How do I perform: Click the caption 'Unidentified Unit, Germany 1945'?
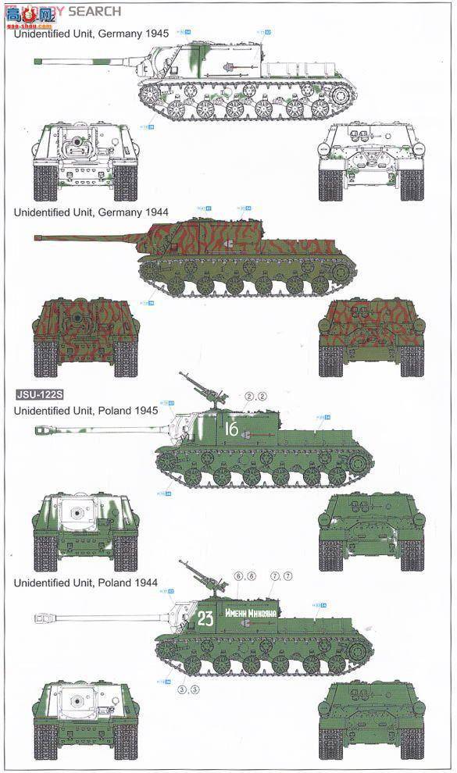pos(86,34)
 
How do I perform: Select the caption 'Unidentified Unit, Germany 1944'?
pos(86,212)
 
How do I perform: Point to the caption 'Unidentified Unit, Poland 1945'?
pos(86,410)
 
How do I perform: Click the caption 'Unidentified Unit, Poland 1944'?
pos(86,582)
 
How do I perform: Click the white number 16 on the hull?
pos(232,429)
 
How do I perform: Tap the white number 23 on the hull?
pos(205,619)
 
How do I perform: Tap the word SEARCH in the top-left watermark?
pos(95,11)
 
